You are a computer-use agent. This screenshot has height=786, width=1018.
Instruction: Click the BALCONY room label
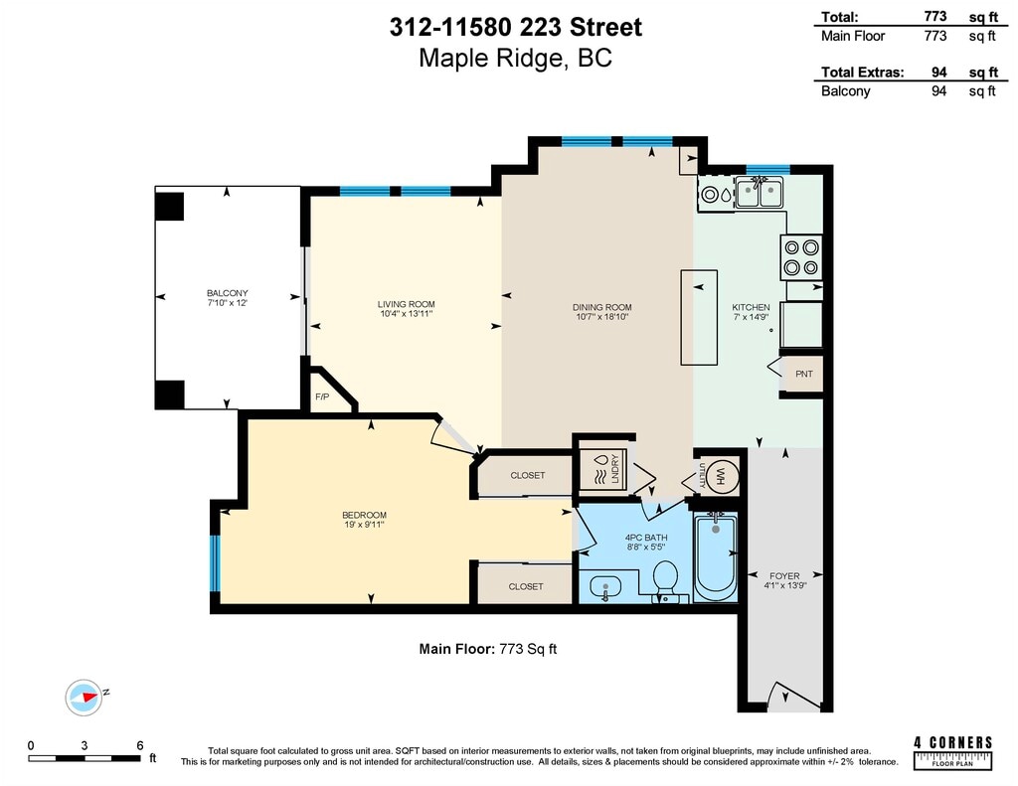(228, 293)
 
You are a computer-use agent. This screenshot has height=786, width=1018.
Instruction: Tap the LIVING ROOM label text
(407, 304)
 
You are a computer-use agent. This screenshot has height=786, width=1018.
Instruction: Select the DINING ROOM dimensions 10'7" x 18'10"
(601, 317)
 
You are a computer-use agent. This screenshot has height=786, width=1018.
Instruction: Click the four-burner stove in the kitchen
(801, 257)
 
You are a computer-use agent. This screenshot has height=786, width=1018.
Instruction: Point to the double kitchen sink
(759, 192)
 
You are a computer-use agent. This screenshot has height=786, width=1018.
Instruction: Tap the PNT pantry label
(803, 374)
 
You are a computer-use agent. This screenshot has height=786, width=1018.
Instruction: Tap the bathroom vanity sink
(605, 588)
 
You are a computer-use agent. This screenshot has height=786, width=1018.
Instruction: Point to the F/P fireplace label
(322, 396)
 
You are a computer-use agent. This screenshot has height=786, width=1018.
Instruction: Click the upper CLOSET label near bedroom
(527, 476)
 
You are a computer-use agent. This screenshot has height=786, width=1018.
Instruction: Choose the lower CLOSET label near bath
(526, 586)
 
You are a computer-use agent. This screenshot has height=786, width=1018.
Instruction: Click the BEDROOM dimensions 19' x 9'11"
(364, 525)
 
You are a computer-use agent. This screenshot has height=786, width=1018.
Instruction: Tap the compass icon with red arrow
(84, 698)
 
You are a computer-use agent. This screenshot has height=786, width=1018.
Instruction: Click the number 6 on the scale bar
(139, 746)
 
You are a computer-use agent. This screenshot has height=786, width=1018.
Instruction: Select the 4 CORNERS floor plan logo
(953, 753)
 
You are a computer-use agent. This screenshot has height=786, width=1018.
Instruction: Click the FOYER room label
(784, 575)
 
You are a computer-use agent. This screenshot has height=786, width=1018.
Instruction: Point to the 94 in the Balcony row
(938, 90)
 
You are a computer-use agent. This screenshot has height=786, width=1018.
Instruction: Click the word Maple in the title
(453, 59)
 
